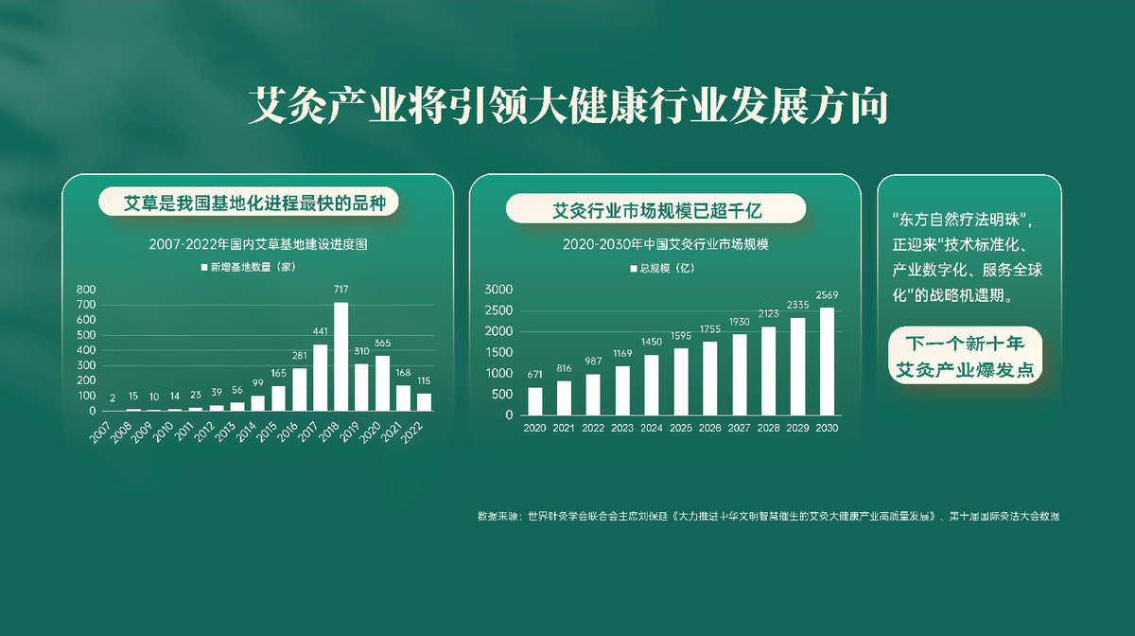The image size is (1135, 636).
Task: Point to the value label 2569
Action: (827, 295)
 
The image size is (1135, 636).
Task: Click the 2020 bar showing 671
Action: (535, 401)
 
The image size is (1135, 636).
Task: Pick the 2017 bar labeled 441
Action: (321, 378)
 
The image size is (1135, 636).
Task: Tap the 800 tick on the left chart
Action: (86, 290)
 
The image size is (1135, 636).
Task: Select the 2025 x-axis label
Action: (681, 428)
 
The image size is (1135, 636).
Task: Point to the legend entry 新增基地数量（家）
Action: (249, 268)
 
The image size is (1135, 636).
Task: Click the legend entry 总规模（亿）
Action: (662, 269)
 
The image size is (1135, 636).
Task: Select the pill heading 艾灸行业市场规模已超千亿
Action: (656, 208)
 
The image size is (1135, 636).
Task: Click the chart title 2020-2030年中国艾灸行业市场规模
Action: (665, 244)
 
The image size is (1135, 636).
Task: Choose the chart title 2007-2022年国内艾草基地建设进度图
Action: (257, 243)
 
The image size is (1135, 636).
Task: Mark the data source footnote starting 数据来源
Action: (768, 517)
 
